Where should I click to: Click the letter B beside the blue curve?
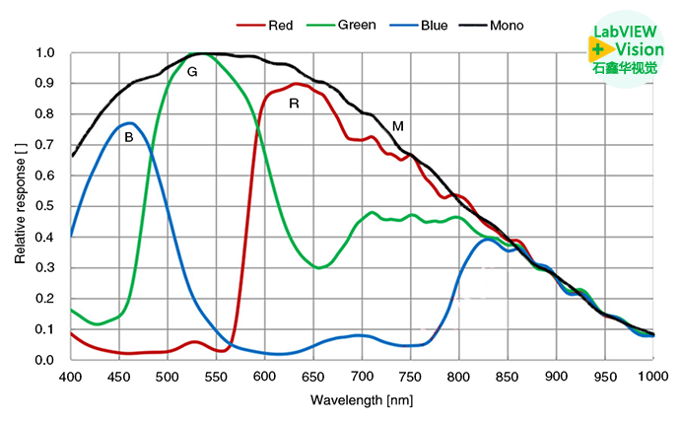(128, 139)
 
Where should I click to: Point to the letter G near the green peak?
(192, 72)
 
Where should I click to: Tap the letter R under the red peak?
(294, 103)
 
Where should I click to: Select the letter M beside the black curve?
(398, 126)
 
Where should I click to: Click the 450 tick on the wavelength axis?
(119, 377)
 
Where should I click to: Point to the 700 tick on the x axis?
(362, 377)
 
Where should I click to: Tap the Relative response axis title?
(21, 207)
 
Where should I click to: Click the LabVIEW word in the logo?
(624, 33)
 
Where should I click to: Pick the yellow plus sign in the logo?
(598, 49)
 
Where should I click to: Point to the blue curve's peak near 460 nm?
(129, 123)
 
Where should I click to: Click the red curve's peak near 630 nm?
(296, 84)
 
